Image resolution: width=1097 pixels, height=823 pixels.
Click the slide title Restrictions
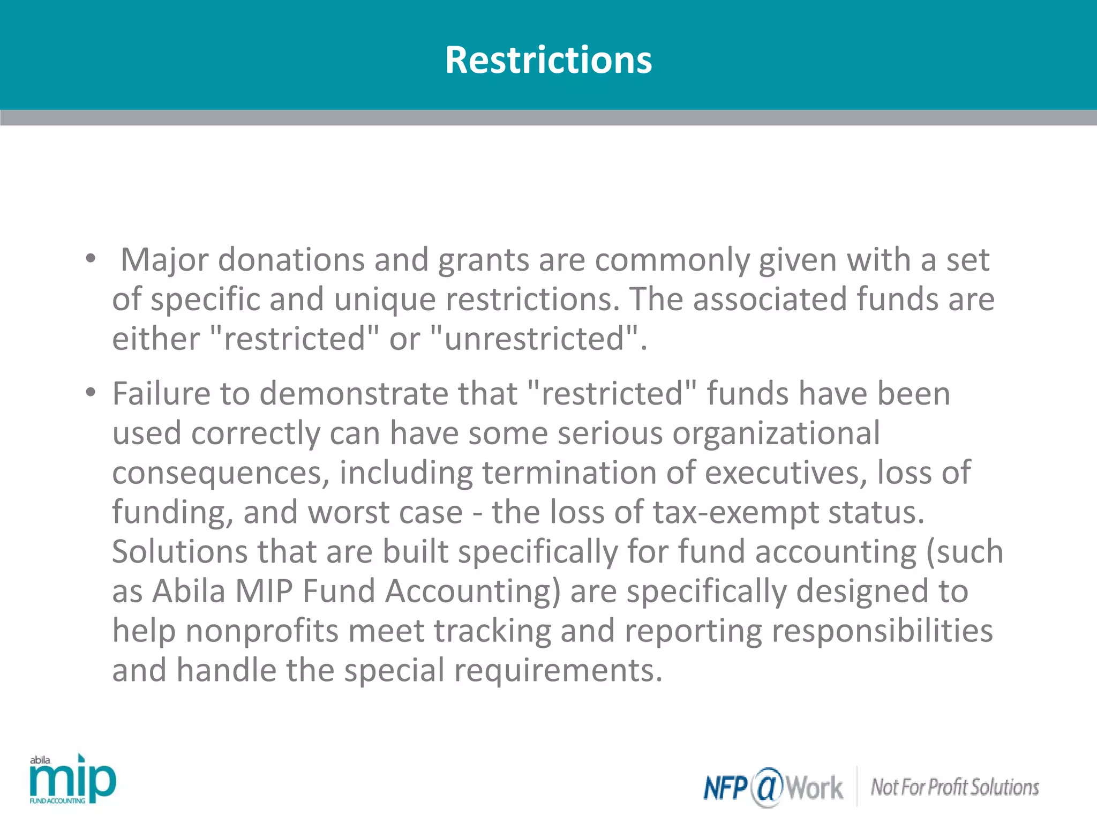pyautogui.click(x=548, y=59)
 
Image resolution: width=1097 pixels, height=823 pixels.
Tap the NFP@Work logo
pyautogui.click(x=773, y=787)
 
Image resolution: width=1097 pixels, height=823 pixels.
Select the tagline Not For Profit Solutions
pyautogui.click(x=955, y=787)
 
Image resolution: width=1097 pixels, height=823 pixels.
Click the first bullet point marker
pyautogui.click(x=91, y=259)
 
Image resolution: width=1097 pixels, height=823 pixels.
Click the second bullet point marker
pyautogui.click(x=91, y=393)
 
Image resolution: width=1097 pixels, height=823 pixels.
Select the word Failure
pyautogui.click(x=161, y=393)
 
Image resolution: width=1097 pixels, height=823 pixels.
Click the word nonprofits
pyautogui.click(x=262, y=631)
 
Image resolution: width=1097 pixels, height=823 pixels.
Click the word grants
pyautogui.click(x=484, y=260)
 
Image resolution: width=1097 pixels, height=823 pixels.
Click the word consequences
pyautogui.click(x=220, y=473)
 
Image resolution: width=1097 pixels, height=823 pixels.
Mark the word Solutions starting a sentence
pyautogui.click(x=179, y=552)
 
